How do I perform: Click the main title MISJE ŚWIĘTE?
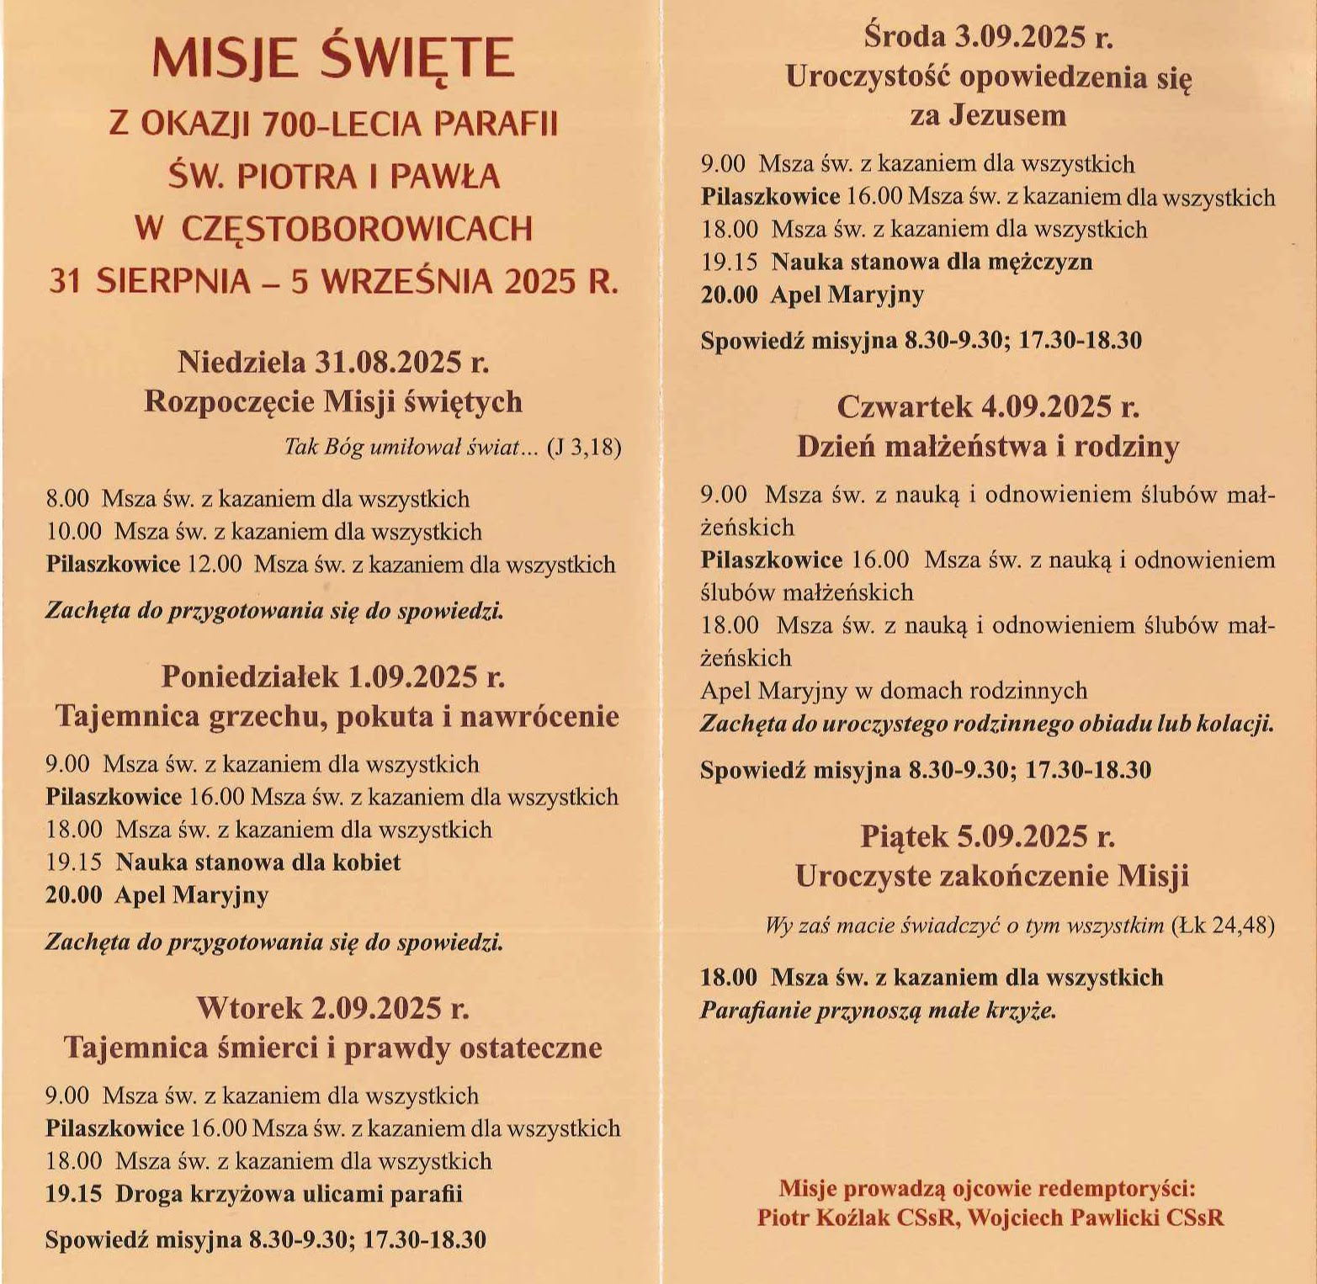(x=333, y=59)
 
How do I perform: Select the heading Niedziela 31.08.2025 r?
(x=333, y=362)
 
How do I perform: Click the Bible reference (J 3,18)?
(x=584, y=447)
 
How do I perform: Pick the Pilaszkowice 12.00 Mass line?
(x=330, y=564)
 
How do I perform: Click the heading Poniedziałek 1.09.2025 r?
(x=333, y=676)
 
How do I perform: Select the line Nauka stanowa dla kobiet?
(x=258, y=862)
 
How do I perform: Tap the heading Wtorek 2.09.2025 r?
(x=333, y=1007)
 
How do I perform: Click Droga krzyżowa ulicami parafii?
(x=289, y=1193)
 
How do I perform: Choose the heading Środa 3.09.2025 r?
(x=988, y=37)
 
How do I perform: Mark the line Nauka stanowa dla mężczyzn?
(x=932, y=262)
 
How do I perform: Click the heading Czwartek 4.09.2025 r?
(x=988, y=407)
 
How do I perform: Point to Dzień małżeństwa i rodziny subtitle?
(x=988, y=446)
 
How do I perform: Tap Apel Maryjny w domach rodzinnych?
(x=894, y=691)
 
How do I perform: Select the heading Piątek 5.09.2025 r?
(x=988, y=836)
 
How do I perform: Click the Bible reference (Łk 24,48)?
(x=1223, y=926)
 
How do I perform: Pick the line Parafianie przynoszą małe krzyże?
(x=878, y=1010)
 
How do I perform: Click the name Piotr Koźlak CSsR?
(x=858, y=1218)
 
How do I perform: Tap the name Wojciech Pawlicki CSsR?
(x=1096, y=1218)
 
